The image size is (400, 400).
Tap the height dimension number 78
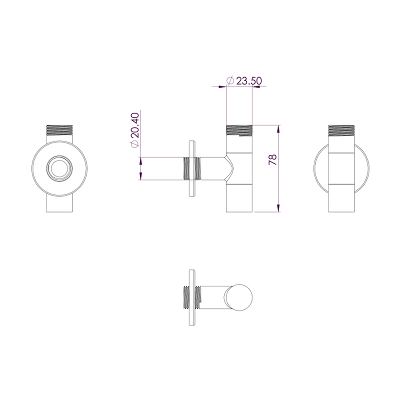point(272,160)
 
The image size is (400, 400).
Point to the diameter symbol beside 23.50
point(230,80)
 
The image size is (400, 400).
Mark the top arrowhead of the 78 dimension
point(277,128)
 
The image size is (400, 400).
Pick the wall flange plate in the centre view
point(191,168)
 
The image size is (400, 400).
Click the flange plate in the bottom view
point(191,298)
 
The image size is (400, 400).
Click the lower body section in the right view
point(341,197)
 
